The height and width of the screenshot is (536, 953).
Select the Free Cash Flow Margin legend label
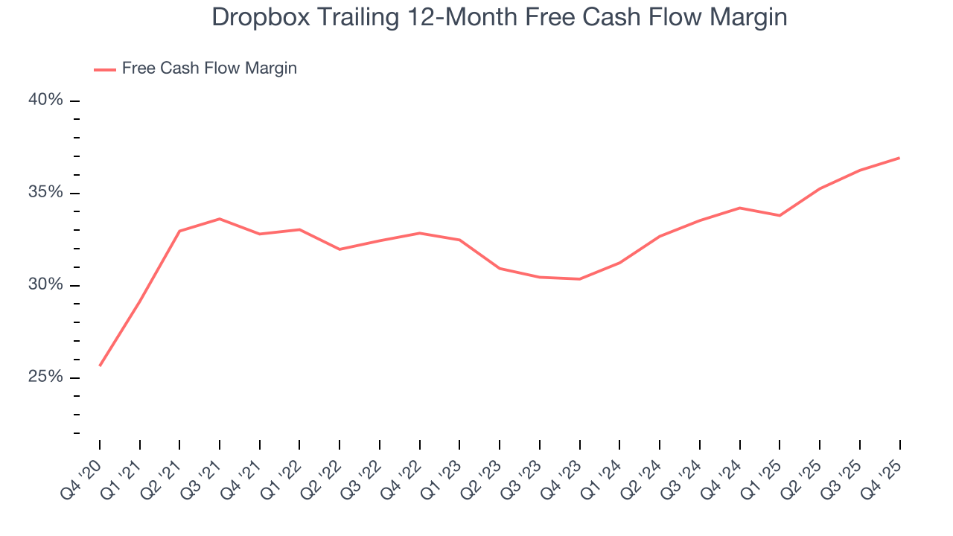click(209, 68)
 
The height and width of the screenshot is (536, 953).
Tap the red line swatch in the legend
click(105, 69)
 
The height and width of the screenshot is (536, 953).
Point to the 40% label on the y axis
click(45, 100)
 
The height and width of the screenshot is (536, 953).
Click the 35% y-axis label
click(45, 193)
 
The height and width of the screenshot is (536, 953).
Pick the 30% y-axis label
click(45, 285)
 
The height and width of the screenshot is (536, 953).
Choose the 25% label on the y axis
click(45, 377)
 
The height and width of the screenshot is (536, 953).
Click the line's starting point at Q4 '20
click(100, 366)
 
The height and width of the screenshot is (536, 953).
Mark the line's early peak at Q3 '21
click(220, 219)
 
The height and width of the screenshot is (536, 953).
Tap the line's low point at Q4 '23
click(579, 279)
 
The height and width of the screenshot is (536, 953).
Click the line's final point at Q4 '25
click(899, 158)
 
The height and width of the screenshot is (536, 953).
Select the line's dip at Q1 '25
click(780, 216)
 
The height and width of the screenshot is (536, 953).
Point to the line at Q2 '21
click(179, 231)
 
